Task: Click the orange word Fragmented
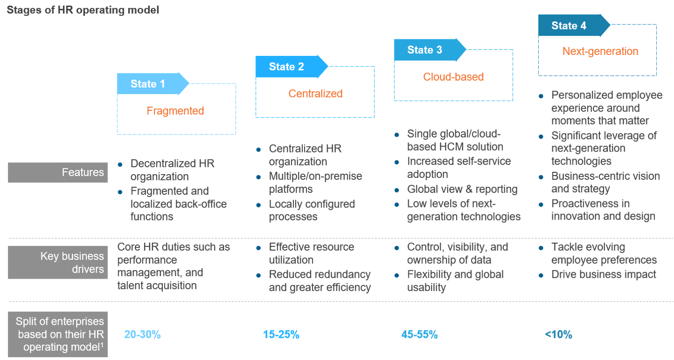[175, 111]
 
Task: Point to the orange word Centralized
[315, 93]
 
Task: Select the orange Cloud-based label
[453, 77]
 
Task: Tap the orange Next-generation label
[600, 51]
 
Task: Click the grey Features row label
[58, 172]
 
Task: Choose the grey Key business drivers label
[58, 262]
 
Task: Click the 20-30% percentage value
[142, 335]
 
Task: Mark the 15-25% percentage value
[281, 335]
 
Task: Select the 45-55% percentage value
[419, 335]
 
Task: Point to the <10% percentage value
[558, 335]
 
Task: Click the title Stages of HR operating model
[83, 10]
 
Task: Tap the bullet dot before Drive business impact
[541, 275]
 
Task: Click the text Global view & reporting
[462, 189]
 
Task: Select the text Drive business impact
[603, 275]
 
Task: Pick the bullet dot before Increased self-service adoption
[397, 162]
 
